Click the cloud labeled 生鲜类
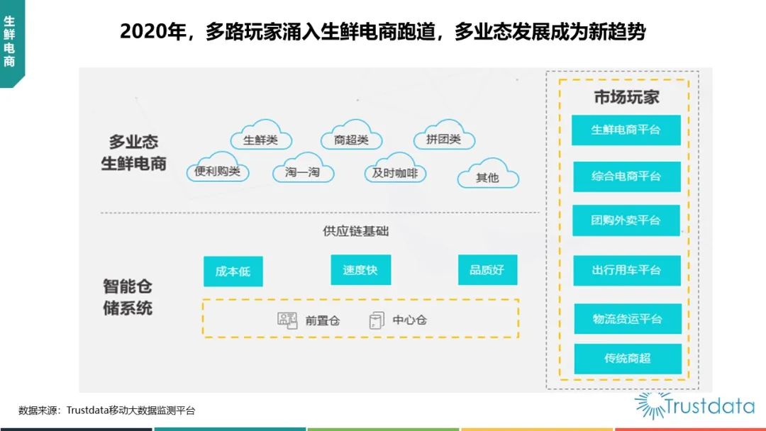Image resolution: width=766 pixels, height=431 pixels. pos(261,135)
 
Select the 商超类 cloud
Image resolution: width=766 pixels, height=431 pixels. pos(351,135)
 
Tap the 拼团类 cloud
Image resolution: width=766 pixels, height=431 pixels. pos(444,135)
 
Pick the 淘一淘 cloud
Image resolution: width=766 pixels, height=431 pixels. pos(303,168)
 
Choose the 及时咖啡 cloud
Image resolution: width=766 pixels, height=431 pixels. pos(395,168)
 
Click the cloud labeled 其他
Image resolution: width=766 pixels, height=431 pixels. pos(488,173)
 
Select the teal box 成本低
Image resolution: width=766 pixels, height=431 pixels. pos(233,271)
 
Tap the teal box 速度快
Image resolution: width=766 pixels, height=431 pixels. pos(360,269)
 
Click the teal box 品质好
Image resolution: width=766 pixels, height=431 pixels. pos(487,269)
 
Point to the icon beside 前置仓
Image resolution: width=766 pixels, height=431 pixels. pos(287,320)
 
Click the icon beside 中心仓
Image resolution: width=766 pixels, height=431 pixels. pos(376,320)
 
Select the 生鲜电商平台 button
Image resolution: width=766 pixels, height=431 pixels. pos(626,130)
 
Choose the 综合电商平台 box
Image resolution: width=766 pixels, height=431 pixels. pos(627,177)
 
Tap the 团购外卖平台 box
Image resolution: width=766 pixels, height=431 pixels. pos(626,220)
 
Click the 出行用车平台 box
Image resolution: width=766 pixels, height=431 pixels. pos(627,270)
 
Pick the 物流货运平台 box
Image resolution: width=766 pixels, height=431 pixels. pos(628,319)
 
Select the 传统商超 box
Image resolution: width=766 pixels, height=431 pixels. pos(628,359)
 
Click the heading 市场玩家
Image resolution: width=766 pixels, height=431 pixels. pos(627,97)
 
